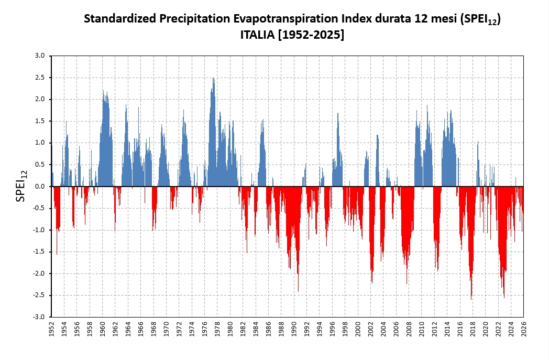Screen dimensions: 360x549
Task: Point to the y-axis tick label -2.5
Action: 40,296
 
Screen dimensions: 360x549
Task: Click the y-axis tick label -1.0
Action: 40,230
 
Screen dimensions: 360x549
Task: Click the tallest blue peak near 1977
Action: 213,79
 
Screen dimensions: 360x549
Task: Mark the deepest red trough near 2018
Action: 471,299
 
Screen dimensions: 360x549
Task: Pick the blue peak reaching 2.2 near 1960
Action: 103,91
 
